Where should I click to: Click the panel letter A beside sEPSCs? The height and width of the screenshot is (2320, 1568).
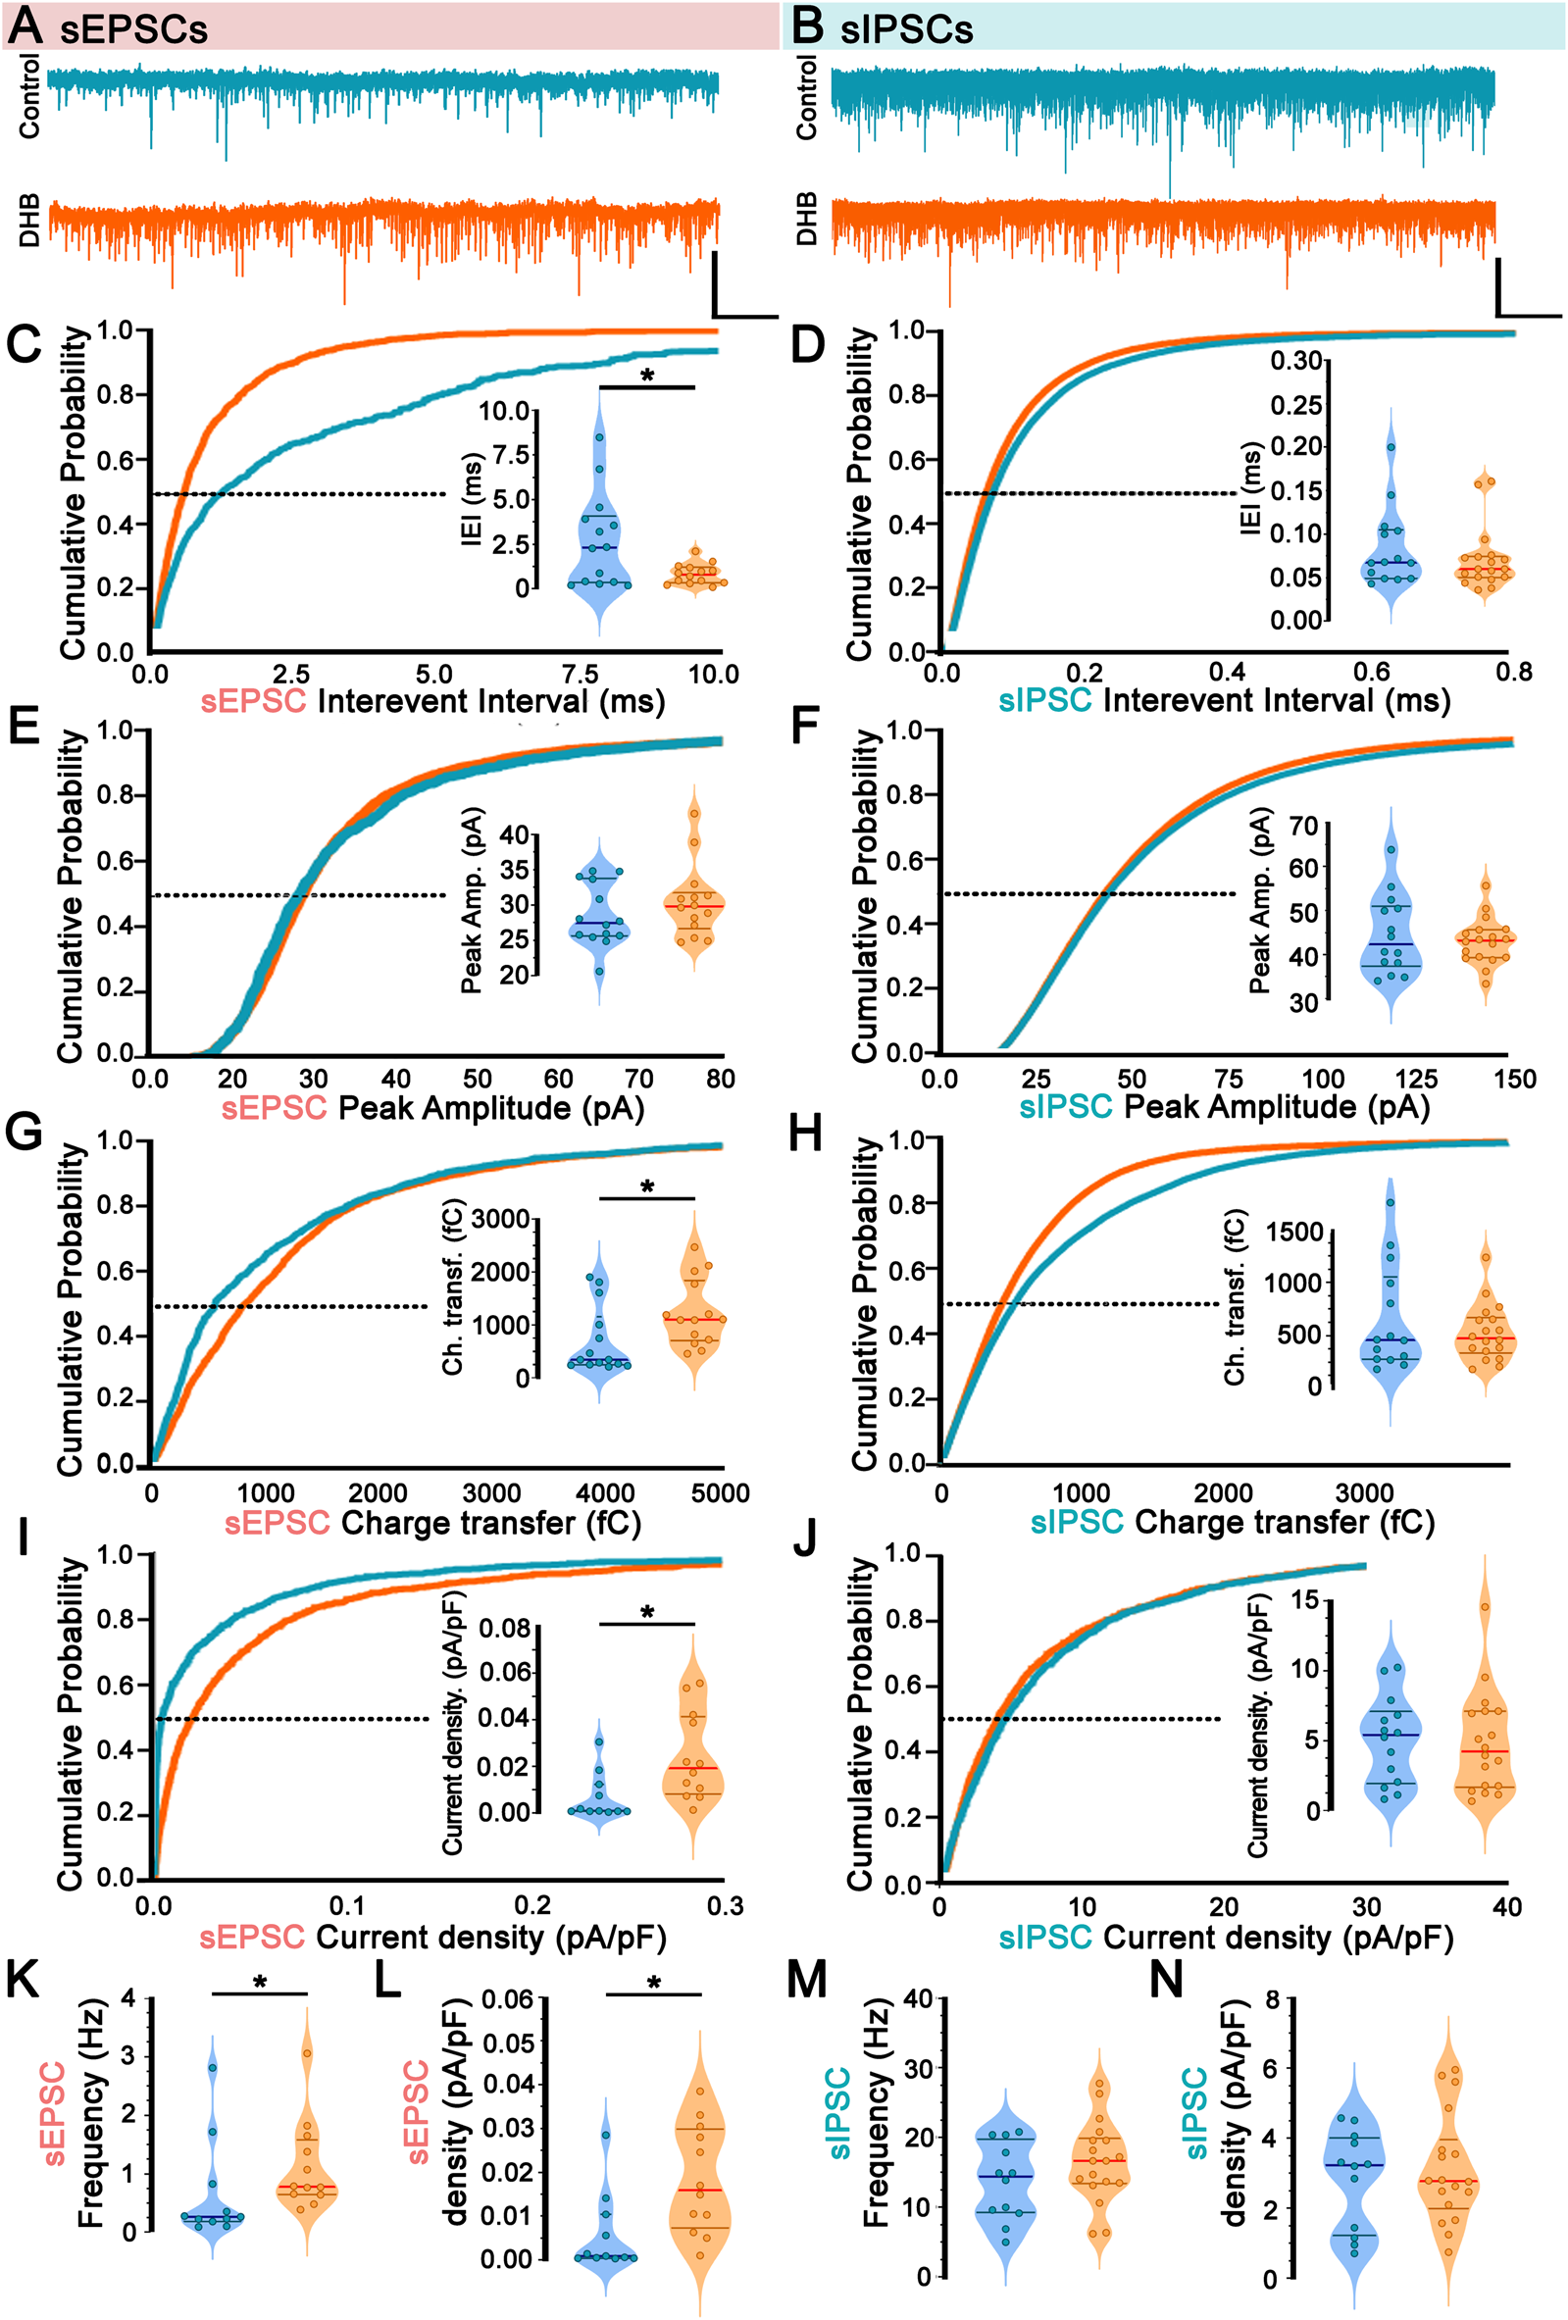[24, 25]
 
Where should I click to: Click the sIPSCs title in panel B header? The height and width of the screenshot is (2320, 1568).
[905, 29]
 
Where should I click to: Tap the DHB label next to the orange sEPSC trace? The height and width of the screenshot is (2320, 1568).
[29, 220]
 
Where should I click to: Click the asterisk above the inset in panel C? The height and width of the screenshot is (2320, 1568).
[647, 378]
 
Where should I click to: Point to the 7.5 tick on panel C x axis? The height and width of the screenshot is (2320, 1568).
[580, 674]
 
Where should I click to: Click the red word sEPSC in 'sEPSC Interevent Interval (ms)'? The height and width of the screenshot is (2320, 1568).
[254, 701]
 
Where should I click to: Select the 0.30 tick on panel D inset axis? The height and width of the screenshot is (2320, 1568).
[1295, 361]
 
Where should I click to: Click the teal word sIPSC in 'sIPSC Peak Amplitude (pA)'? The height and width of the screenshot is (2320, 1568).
[1065, 1106]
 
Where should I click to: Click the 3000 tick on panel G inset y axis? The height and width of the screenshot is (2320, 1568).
[500, 1220]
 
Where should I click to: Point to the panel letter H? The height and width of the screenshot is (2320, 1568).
[804, 1135]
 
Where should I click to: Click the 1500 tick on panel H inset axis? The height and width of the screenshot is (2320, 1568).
[1293, 1232]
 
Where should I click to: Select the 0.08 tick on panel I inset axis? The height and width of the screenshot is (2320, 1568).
[505, 1628]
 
